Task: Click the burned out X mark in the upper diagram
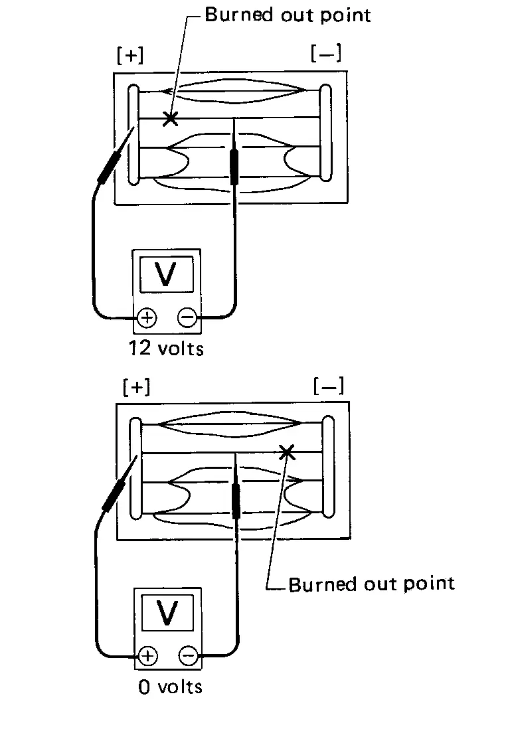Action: coord(171,119)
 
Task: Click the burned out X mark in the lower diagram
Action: coord(287,452)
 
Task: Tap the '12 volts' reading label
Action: coord(167,348)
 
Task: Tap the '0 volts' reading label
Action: coord(170,686)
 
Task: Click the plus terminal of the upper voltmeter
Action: coord(147,319)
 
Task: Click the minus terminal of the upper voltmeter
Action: coord(187,319)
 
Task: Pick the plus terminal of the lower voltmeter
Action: coord(148,657)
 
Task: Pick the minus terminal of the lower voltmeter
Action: coord(189,657)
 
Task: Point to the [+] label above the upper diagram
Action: coord(129,56)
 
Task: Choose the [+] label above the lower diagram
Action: coord(137,387)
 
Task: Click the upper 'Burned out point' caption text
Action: coord(287,15)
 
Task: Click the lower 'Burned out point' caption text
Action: coord(372,584)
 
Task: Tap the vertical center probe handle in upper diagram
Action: coord(234,166)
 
